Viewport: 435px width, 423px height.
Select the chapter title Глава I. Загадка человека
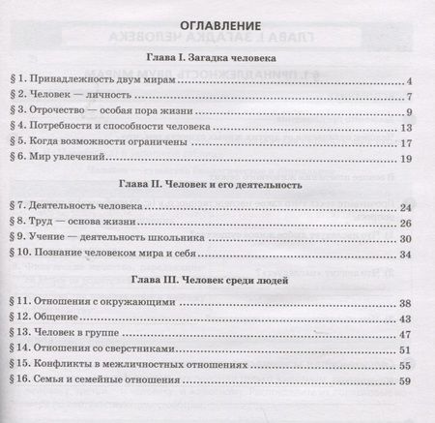[x=217, y=58]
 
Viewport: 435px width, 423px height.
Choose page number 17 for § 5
[x=406, y=141]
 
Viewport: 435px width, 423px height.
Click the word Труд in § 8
[x=47, y=221]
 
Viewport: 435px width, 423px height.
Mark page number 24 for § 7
[x=406, y=207]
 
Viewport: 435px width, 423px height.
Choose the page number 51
[x=406, y=349]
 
